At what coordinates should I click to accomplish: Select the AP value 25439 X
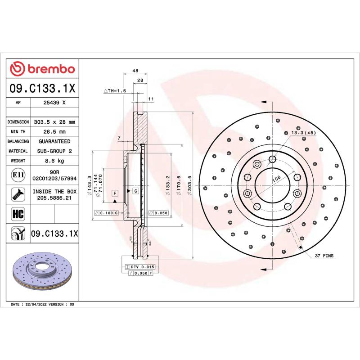pos(54,103)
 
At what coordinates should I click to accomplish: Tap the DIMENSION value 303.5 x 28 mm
pos(54,122)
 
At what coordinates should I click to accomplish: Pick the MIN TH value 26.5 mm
pos(54,132)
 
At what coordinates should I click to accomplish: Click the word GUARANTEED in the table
pos(54,141)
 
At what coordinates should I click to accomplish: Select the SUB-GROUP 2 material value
pos(54,151)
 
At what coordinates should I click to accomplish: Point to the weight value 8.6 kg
pos(54,161)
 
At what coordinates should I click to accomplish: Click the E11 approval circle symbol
pos(18,175)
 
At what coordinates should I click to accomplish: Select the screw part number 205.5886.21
pos(54,197)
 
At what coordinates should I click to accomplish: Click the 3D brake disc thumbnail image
pos(42,272)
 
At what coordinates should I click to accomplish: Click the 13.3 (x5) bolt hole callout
pos(303,133)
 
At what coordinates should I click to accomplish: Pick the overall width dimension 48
pos(135,71)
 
